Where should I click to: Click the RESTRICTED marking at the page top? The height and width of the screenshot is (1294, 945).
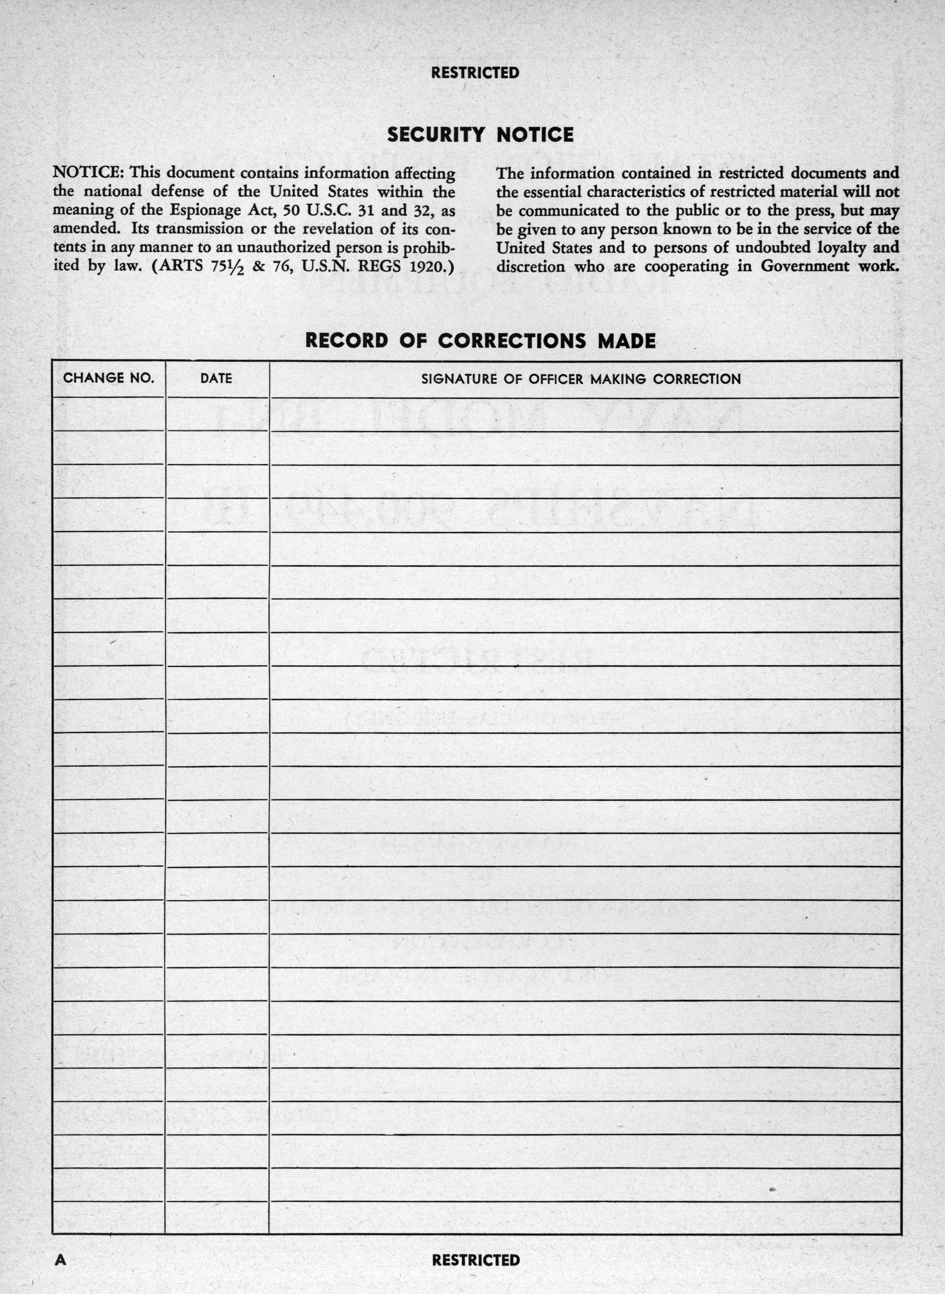(475, 73)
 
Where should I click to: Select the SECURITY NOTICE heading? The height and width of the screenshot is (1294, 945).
(480, 135)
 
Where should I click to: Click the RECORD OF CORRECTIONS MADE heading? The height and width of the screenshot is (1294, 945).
(480, 341)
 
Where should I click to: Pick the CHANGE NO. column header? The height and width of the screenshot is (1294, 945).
(109, 378)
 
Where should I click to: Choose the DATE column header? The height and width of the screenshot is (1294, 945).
(216, 378)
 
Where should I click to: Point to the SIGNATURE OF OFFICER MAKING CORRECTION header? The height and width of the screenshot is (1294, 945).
(580, 378)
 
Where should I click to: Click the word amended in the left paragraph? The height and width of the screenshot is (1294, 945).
(86, 229)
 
